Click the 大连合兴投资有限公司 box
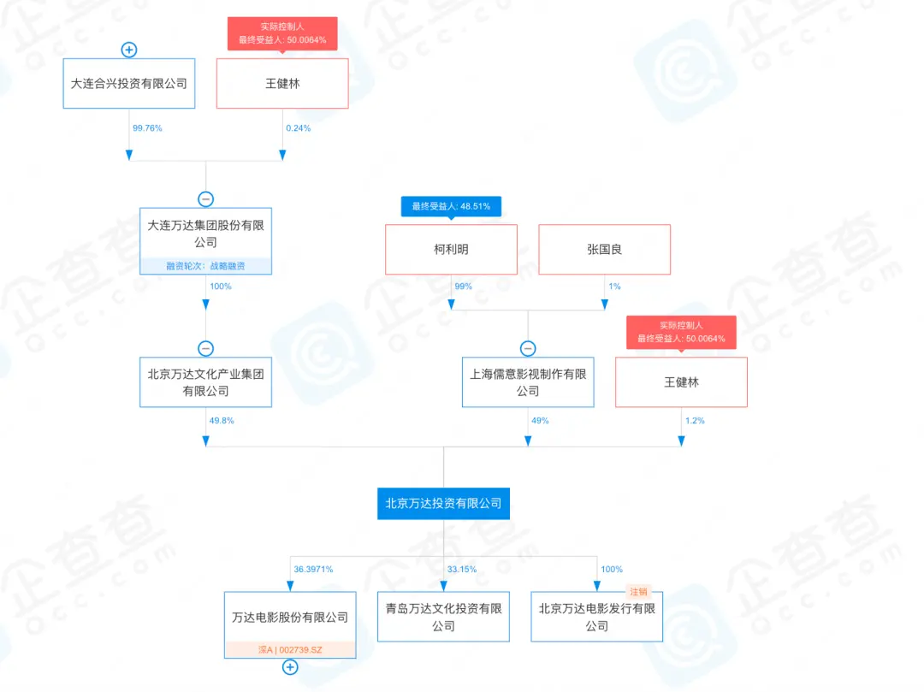point(129,83)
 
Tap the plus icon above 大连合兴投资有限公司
point(129,50)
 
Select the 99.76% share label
point(147,127)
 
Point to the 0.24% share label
point(299,127)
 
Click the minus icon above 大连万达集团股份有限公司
point(205,199)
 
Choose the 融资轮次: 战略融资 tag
point(205,266)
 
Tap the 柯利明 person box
point(452,249)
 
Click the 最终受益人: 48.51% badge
point(452,206)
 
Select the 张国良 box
point(605,249)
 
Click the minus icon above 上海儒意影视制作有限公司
point(528,349)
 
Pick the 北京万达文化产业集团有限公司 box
point(205,382)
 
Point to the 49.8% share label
point(222,421)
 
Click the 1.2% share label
point(695,421)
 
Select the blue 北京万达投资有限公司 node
point(444,504)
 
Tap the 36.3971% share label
point(313,569)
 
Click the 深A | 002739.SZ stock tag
point(290,649)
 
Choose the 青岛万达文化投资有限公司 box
point(444,617)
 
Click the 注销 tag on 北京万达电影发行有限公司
point(638,592)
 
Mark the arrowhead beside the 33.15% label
point(444,586)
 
